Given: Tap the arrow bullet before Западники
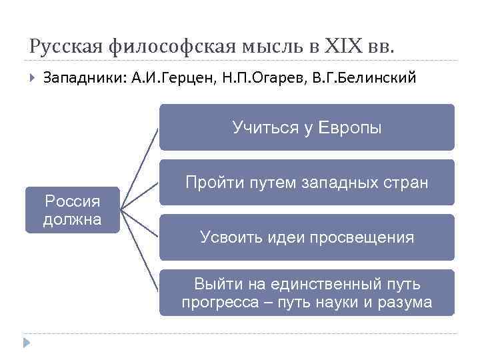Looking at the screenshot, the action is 31,78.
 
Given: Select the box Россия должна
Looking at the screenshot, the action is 73,209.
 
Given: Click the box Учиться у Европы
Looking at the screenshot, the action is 307,127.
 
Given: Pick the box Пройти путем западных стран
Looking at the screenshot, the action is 307,182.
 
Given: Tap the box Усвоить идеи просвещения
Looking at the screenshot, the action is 307,237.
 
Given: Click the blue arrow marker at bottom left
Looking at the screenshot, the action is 26,343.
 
